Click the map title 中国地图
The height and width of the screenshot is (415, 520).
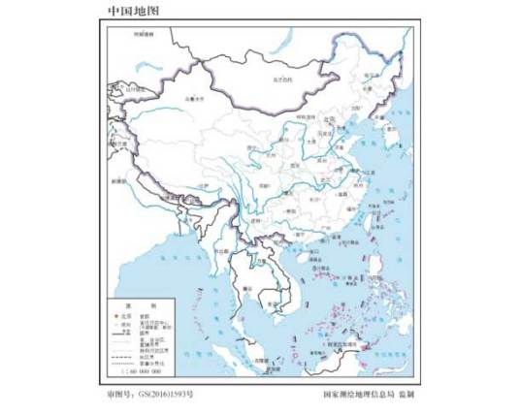pos(132,11)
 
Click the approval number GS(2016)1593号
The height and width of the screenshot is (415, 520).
pos(155,395)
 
